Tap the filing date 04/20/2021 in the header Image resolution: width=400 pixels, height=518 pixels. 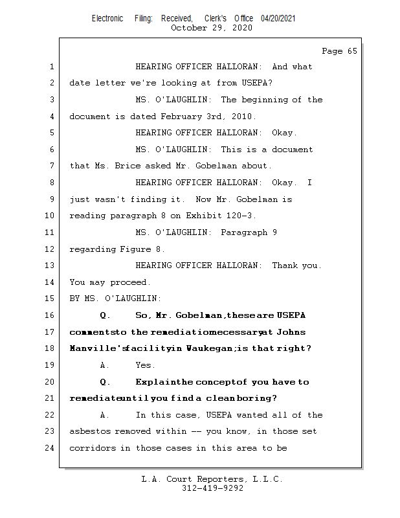pos(278,19)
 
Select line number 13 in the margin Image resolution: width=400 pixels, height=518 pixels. pos(52,265)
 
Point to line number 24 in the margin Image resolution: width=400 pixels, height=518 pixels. pos(52,447)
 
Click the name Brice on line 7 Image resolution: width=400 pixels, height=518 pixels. pos(128,166)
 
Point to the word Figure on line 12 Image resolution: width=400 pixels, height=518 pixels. pos(135,249)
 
